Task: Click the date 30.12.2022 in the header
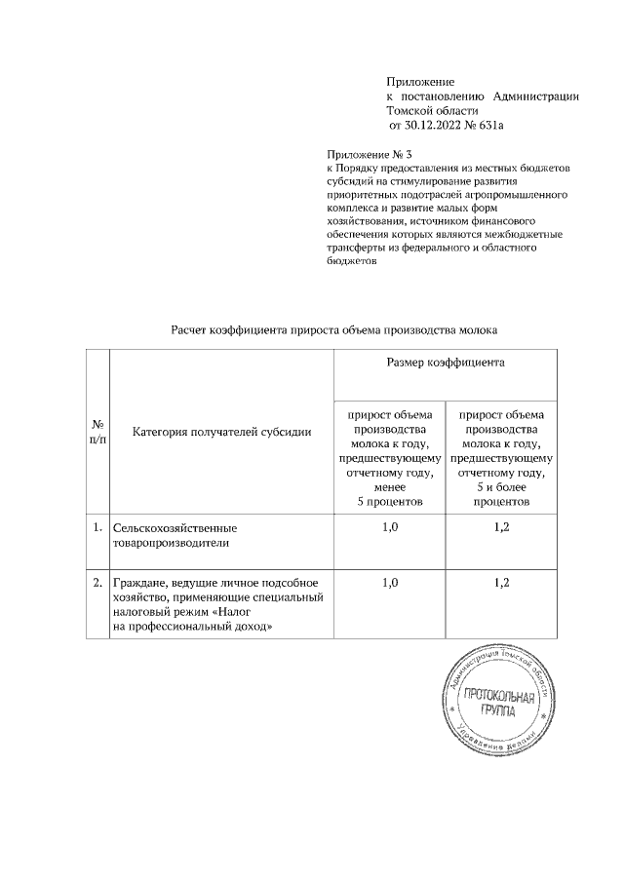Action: pyautogui.click(x=437, y=126)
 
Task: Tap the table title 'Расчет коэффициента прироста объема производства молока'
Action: pyautogui.click(x=334, y=329)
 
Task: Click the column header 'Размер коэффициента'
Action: pyautogui.click(x=446, y=362)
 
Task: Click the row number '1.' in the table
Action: pyautogui.click(x=97, y=528)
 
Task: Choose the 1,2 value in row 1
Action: pyautogui.click(x=501, y=528)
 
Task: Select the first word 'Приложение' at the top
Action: pyautogui.click(x=420, y=80)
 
